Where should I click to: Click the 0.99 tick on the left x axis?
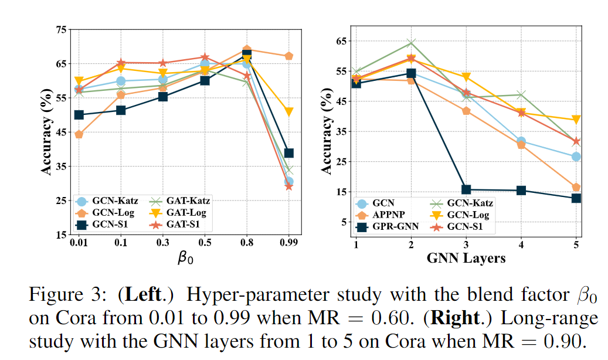click(x=288, y=242)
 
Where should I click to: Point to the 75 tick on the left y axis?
click(x=60, y=29)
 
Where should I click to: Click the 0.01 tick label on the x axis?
click(x=79, y=242)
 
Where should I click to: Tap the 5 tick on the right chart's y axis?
click(x=343, y=222)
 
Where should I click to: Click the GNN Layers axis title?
click(x=466, y=257)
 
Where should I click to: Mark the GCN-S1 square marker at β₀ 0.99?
click(x=288, y=153)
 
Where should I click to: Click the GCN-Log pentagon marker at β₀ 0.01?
click(x=79, y=134)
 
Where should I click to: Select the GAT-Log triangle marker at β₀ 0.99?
click(x=288, y=111)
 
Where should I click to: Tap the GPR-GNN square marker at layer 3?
click(x=466, y=189)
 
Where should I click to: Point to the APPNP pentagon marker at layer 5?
click(x=576, y=187)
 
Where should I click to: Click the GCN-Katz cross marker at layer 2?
click(x=411, y=42)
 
